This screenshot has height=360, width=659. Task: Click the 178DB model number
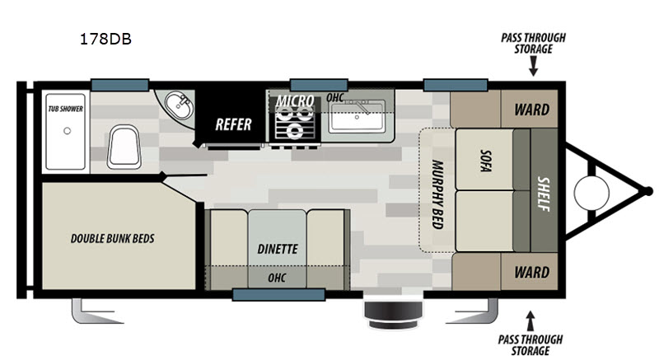(105, 39)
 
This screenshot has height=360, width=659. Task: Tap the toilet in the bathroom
(124, 147)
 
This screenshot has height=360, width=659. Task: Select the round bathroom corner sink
(179, 105)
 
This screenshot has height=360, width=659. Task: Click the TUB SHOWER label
(65, 109)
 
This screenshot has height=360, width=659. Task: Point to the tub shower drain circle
(67, 131)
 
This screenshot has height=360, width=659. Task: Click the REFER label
(233, 124)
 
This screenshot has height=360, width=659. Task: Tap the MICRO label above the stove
(295, 101)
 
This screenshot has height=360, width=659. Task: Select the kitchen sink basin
(357, 117)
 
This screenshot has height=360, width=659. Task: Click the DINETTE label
(278, 249)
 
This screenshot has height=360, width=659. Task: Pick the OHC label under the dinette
(277, 278)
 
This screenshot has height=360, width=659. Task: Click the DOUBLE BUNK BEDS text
(112, 239)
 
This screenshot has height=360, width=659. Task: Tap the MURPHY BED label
(437, 194)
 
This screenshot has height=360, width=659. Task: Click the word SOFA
(485, 161)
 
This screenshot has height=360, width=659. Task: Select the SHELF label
(544, 194)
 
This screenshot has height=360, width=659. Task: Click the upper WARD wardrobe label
(531, 110)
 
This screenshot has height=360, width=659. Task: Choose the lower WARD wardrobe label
(531, 272)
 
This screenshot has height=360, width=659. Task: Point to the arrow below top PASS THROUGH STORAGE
(533, 66)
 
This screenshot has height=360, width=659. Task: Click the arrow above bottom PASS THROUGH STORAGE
(530, 321)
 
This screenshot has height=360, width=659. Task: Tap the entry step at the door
(393, 314)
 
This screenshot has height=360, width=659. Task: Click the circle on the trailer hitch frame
(591, 193)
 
